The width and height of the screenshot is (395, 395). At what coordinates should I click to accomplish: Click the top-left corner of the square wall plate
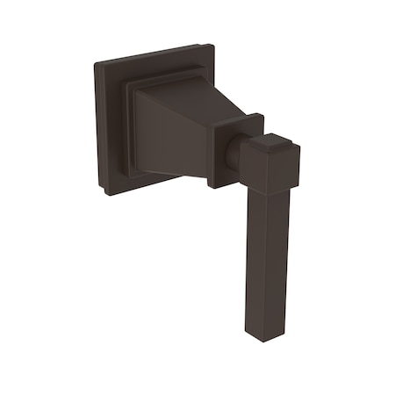(96, 63)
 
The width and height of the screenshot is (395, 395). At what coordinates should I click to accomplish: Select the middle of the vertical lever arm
(267, 255)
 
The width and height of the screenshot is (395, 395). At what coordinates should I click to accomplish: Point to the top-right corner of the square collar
(262, 118)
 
